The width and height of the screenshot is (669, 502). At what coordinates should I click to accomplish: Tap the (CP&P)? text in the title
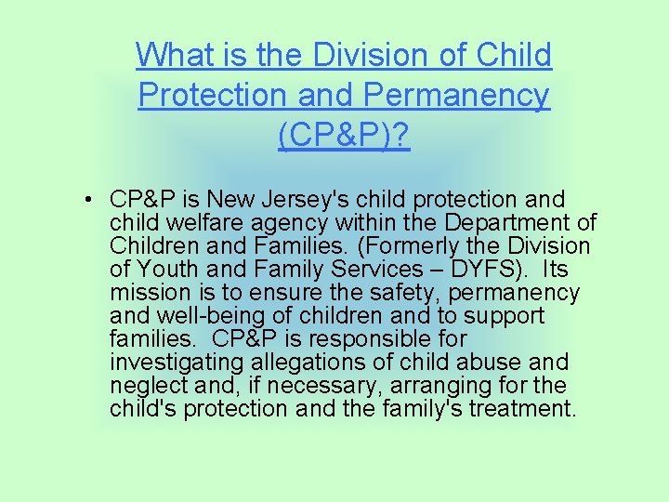[x=344, y=135]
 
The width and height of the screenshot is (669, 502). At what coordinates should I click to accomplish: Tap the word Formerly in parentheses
[x=410, y=246]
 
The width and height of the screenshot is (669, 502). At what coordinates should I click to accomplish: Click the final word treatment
[x=525, y=409]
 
